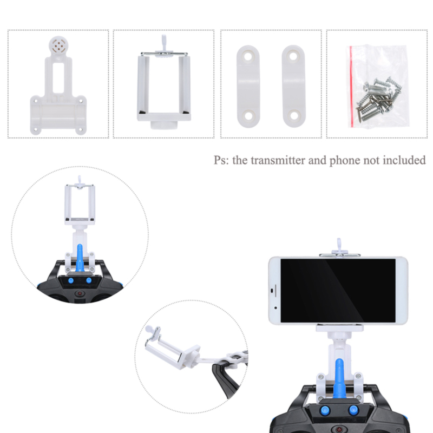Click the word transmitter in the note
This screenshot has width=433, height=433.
[278, 160]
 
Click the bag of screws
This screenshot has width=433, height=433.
[377, 86]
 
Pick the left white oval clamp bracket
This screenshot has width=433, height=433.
[248, 87]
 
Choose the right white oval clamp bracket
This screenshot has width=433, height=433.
[293, 86]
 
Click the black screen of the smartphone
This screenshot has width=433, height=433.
[338, 290]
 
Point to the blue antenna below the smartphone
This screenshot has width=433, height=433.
[339, 378]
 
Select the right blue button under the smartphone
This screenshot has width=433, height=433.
[353, 410]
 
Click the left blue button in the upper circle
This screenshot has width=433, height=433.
[71, 281]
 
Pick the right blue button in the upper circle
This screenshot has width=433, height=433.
[89, 280]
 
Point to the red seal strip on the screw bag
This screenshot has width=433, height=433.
[351, 86]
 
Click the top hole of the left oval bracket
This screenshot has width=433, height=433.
[248, 57]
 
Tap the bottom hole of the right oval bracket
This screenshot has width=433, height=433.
[294, 115]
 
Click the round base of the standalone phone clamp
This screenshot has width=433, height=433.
[164, 125]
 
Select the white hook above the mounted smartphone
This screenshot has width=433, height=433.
[339, 245]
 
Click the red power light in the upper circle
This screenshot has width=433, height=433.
[80, 293]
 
